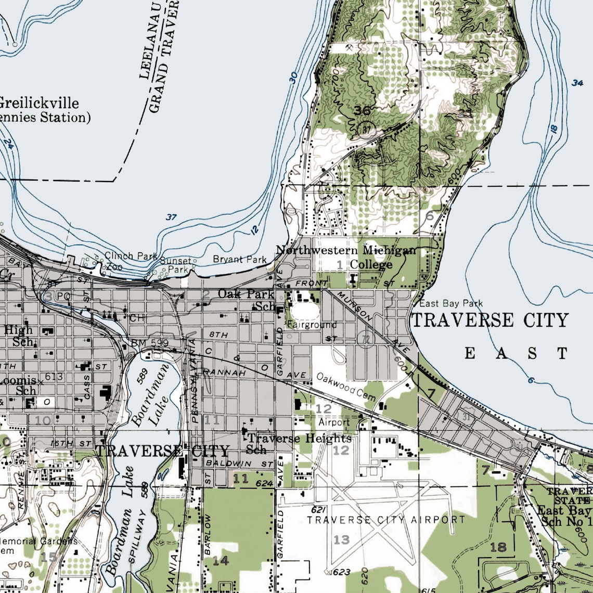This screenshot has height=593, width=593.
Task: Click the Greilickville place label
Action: (39, 102)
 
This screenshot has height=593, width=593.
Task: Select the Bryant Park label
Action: (240, 259)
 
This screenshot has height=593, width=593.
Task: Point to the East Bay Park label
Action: (451, 303)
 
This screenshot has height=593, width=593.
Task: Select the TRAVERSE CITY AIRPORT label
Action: (386, 520)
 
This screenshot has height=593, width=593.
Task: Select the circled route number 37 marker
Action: (368, 129)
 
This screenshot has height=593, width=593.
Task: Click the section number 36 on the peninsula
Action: (363, 110)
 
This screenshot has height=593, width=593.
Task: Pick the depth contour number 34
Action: (577, 83)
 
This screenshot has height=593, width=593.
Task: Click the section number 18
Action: (498, 547)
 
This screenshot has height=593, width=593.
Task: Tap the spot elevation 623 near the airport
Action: (341, 573)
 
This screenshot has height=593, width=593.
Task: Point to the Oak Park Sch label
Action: (246, 300)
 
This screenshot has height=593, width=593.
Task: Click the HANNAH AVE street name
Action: (224, 372)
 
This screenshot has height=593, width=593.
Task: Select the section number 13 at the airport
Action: (341, 539)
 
